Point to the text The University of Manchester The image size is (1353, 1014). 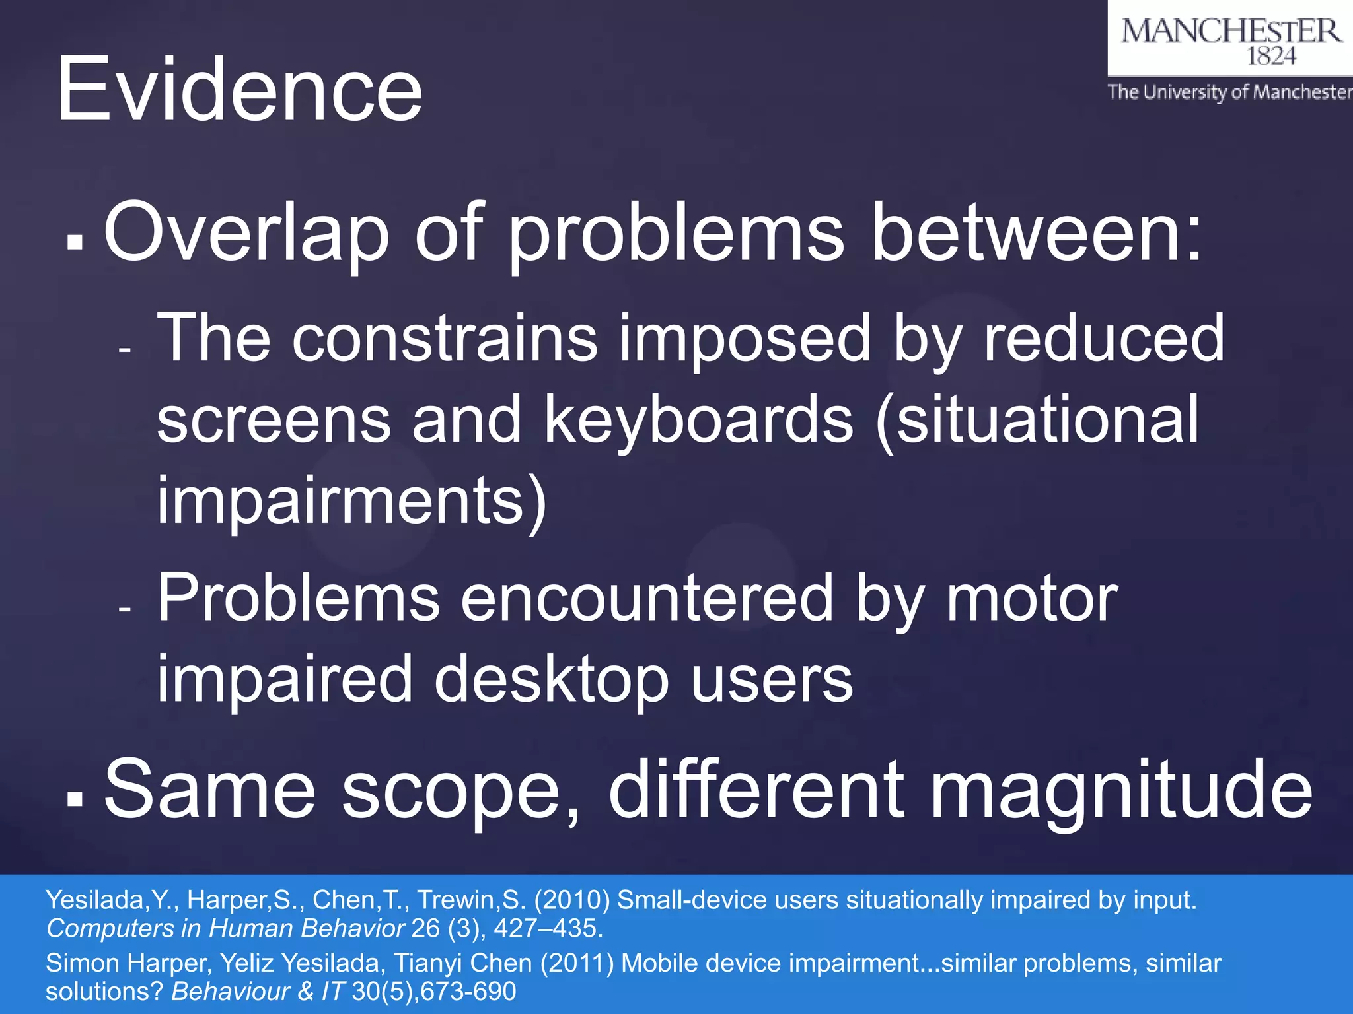(1230, 92)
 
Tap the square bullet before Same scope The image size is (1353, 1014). (75, 798)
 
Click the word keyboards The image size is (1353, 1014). (698, 420)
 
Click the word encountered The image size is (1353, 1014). (647, 598)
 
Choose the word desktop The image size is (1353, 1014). (551, 680)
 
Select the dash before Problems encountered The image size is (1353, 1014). (126, 609)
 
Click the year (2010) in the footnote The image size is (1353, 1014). (571, 900)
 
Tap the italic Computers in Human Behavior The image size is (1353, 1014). (225, 929)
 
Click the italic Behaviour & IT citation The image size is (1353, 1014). (258, 992)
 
